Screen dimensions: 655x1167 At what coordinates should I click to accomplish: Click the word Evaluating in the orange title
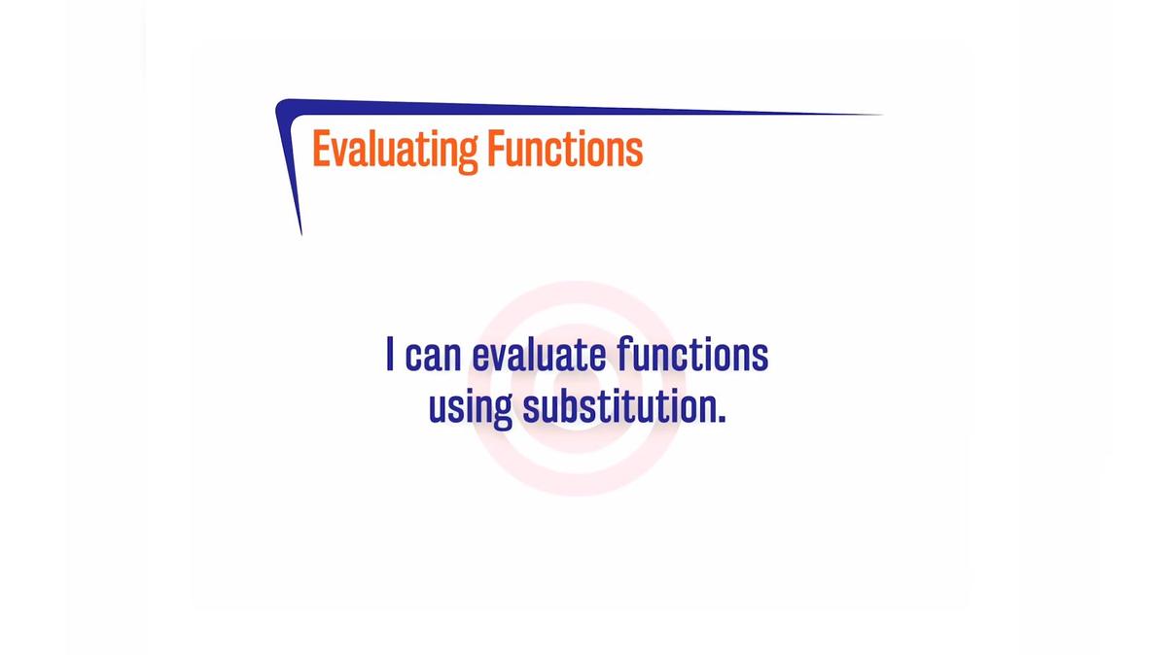(394, 151)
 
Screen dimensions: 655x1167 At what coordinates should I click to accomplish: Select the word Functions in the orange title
(565, 150)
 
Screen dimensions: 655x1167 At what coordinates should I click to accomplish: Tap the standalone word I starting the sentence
(390, 355)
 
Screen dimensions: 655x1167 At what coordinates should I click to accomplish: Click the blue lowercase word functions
(692, 355)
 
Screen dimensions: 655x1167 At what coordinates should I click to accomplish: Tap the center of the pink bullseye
(577, 389)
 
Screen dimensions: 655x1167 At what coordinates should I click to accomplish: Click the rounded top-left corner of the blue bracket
(282, 105)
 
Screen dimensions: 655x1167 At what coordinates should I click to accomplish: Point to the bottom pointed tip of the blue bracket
(301, 233)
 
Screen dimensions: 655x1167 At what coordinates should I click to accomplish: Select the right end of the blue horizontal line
(881, 115)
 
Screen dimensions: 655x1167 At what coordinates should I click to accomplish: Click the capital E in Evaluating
(320, 150)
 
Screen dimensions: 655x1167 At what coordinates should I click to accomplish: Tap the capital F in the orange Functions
(494, 150)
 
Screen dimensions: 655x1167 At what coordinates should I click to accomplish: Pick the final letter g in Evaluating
(468, 155)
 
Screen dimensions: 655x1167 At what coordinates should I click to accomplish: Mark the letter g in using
(503, 412)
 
